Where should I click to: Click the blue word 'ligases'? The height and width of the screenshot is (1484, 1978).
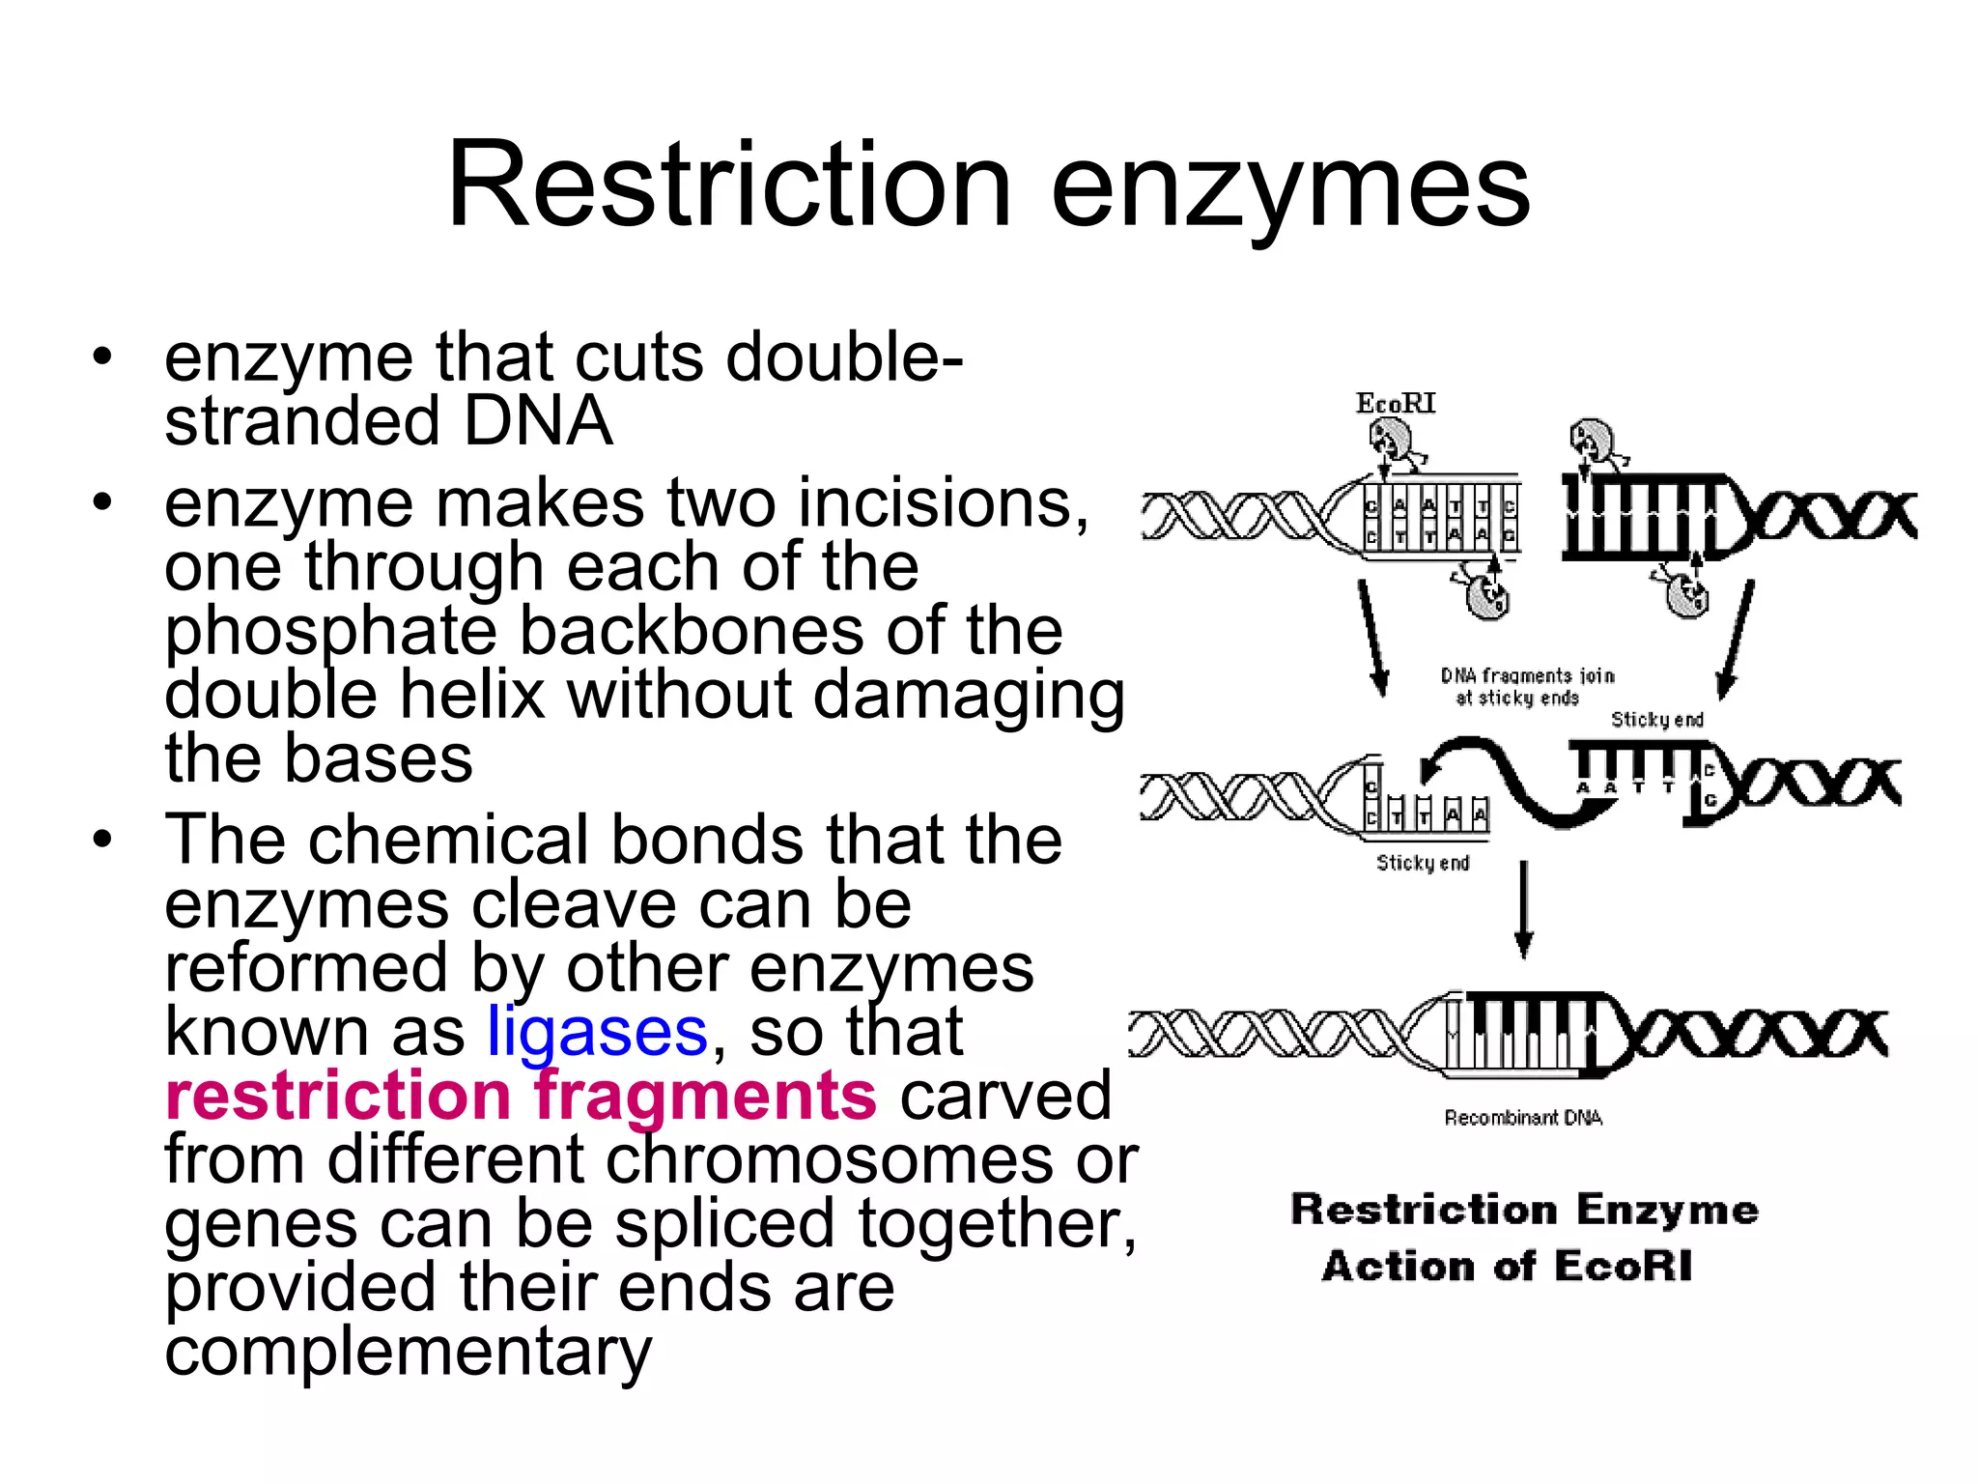597,1032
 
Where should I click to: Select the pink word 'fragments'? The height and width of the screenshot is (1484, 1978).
705,1096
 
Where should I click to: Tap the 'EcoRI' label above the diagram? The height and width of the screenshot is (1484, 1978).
1395,404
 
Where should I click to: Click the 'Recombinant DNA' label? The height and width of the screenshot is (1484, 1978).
1522,1118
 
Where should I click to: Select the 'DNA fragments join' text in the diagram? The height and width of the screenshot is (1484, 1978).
1527,675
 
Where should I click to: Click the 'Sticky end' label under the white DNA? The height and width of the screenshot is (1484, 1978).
1423,863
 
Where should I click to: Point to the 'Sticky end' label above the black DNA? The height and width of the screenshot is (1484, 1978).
1656,720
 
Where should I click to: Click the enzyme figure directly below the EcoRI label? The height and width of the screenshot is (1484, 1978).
1391,442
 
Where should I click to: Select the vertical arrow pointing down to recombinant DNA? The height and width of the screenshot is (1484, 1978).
1523,908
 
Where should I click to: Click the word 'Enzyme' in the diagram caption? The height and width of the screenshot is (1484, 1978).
1667,1210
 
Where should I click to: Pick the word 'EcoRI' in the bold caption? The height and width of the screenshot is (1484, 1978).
1624,1267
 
